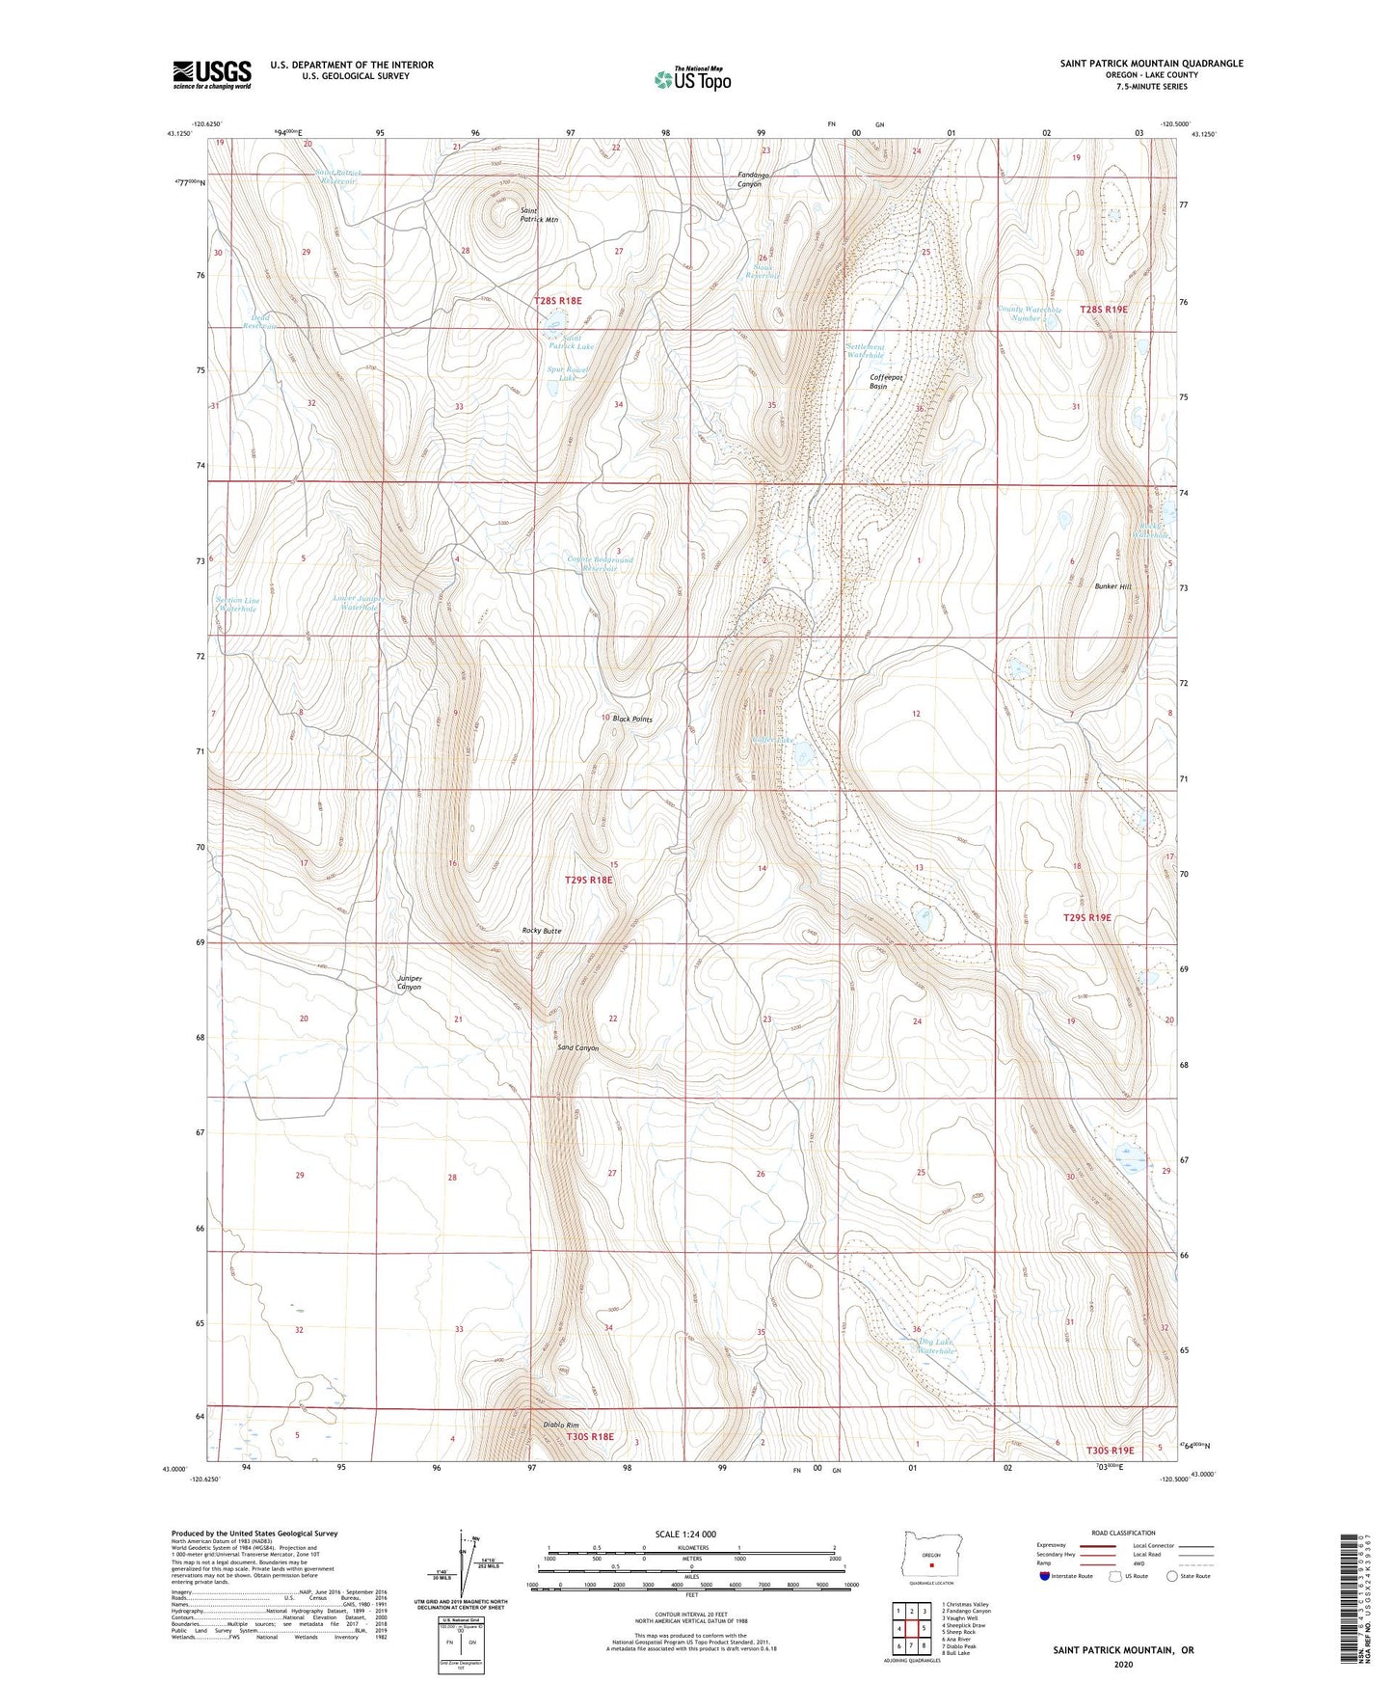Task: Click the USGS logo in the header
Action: (212, 73)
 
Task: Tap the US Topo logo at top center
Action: (691, 78)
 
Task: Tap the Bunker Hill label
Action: (1112, 586)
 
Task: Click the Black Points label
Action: (632, 720)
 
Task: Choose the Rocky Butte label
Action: (541, 931)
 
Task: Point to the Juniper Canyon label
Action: (409, 982)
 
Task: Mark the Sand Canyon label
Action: (577, 1048)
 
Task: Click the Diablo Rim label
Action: (559, 1426)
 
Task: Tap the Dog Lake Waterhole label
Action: (934, 1346)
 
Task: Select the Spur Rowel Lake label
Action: (567, 373)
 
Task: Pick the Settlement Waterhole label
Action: (865, 351)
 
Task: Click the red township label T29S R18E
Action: (588, 880)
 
